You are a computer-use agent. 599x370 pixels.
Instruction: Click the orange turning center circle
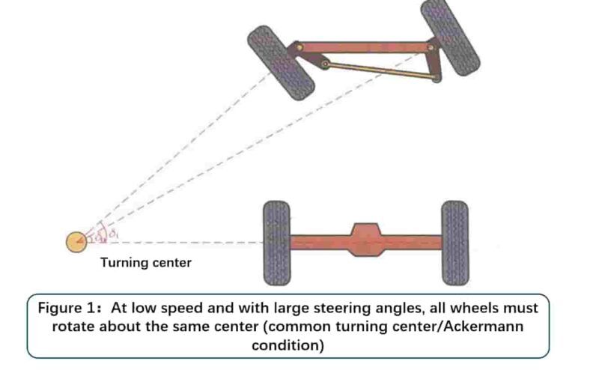(x=76, y=241)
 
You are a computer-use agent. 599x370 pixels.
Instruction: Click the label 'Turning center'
(x=146, y=263)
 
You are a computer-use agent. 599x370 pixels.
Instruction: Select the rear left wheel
(x=276, y=242)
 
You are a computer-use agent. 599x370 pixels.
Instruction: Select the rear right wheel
(x=454, y=242)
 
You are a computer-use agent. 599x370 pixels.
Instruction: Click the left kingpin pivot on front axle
(x=299, y=48)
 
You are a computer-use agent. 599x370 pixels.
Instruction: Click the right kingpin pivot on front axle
(x=430, y=48)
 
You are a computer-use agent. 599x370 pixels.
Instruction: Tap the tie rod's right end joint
(x=435, y=76)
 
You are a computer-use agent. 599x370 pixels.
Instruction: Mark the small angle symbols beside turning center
(x=105, y=235)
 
